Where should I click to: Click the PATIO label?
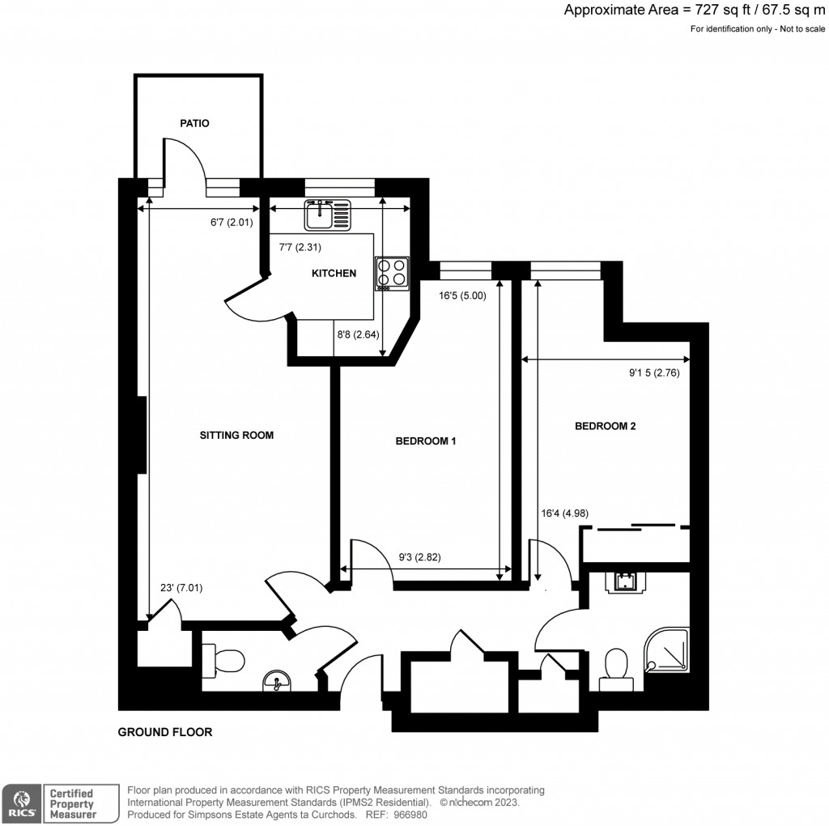pos(194,123)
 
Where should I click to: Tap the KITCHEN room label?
pos(334,274)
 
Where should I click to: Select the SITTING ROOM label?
pos(236,435)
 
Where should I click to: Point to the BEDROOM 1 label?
pos(426,441)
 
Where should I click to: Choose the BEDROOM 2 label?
pos(606,426)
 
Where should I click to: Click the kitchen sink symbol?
pos(328,215)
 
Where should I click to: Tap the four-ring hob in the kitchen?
pos(393,273)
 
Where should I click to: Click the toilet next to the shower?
pos(616,670)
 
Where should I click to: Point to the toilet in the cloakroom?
pos(223,661)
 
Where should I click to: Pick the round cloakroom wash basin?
pos(277,681)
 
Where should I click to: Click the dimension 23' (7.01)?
pos(181,587)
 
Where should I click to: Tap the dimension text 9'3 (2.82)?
pos(420,557)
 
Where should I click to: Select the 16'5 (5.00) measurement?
pos(462,296)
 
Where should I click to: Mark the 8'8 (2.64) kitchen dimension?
pos(358,334)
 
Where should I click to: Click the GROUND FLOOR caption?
pos(165,732)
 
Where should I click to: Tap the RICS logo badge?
pos(22,804)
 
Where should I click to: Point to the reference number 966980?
pos(410,815)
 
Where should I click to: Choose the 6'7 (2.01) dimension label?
pos(232,223)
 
